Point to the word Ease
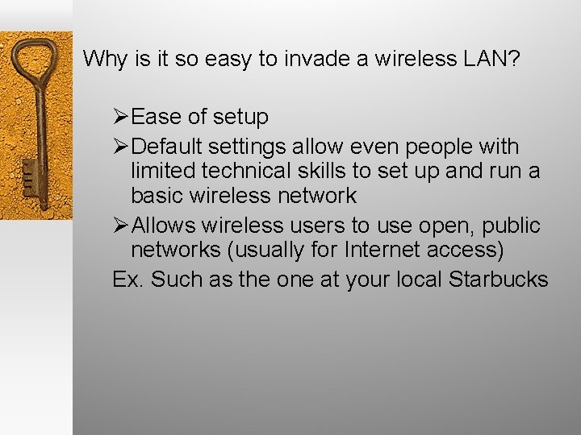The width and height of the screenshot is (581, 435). (x=156, y=118)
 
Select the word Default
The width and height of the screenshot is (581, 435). (x=165, y=147)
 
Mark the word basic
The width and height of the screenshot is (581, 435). (x=156, y=196)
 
